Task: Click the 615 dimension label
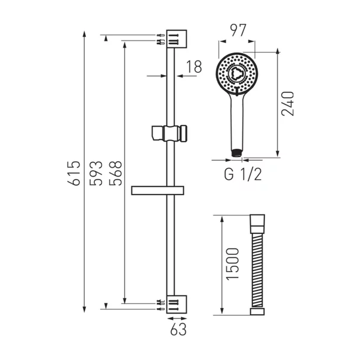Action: [x=74, y=173]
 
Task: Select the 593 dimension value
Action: [x=96, y=173]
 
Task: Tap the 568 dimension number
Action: [x=115, y=173]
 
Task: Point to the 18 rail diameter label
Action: [x=194, y=67]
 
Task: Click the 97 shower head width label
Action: [x=238, y=30]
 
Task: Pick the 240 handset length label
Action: [x=287, y=103]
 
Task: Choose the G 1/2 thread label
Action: [x=243, y=174]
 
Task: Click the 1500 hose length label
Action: [x=233, y=263]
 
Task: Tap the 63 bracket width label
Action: [x=179, y=330]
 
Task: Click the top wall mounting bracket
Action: [x=176, y=39]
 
